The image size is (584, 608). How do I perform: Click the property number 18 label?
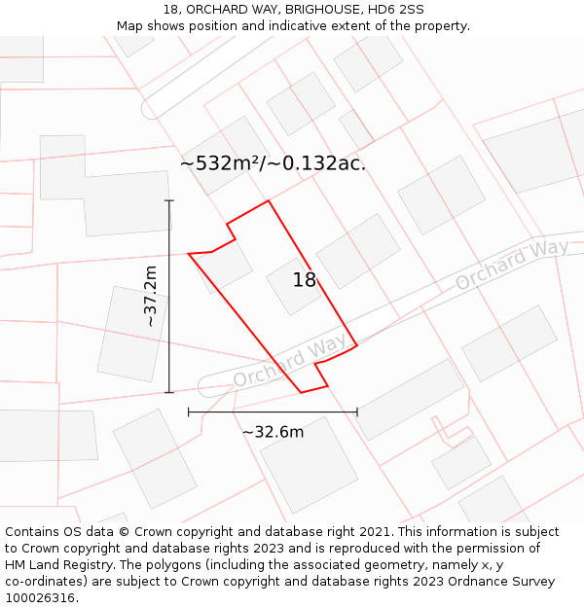click(305, 280)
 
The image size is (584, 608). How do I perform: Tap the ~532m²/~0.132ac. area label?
click(273, 163)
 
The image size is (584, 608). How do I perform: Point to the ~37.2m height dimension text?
click(151, 296)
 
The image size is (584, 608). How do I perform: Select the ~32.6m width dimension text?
click(273, 432)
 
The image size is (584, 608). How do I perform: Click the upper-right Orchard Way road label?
click(512, 265)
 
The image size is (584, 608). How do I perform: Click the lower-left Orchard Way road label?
click(289, 362)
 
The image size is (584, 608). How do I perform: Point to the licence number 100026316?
click(42, 598)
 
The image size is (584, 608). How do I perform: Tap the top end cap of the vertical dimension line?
click(169, 200)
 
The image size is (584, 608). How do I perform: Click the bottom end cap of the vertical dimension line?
click(169, 393)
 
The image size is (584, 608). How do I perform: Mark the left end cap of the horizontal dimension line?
click(188, 412)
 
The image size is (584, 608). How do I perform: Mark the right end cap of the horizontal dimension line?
click(357, 412)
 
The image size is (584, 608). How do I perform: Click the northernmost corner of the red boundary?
click(269, 201)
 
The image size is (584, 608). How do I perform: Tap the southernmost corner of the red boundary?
click(301, 393)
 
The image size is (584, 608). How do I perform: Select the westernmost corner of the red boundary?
click(188, 254)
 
